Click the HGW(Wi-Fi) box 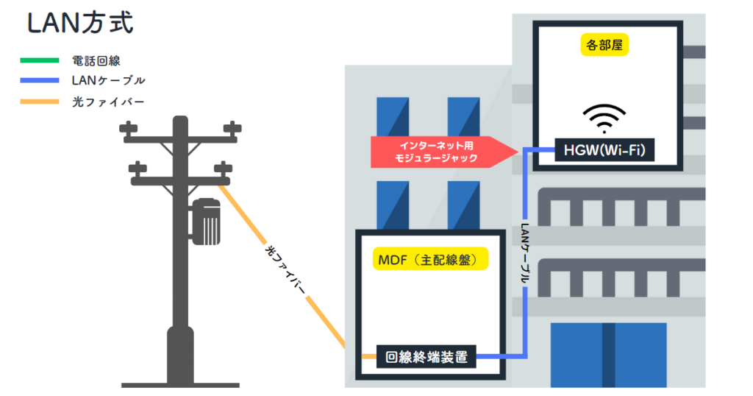coord(604,152)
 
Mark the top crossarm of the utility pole coord(180,132)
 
